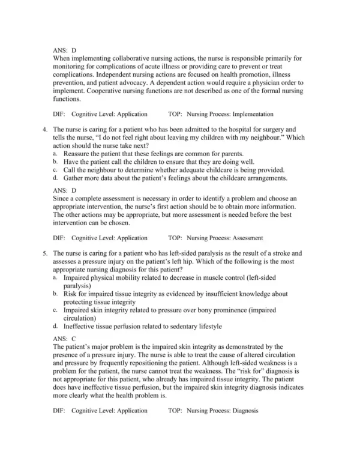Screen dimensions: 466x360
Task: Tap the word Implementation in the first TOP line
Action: click(253, 113)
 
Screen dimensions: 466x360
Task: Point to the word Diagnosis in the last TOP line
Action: click(245, 410)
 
